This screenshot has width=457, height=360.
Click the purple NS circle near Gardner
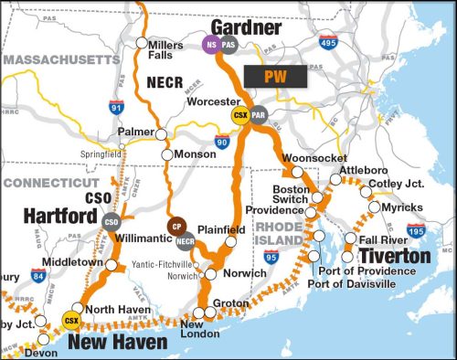point(211,44)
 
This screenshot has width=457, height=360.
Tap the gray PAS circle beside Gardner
point(228,44)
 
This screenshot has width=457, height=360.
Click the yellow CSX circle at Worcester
point(240,115)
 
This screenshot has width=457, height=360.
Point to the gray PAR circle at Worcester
point(258,115)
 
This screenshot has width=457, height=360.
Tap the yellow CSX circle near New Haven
point(69,321)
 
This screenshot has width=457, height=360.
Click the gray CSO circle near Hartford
point(112,221)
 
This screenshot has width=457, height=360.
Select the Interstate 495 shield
point(328,42)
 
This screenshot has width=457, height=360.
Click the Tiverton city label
point(393,257)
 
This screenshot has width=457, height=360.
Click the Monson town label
point(196,154)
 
